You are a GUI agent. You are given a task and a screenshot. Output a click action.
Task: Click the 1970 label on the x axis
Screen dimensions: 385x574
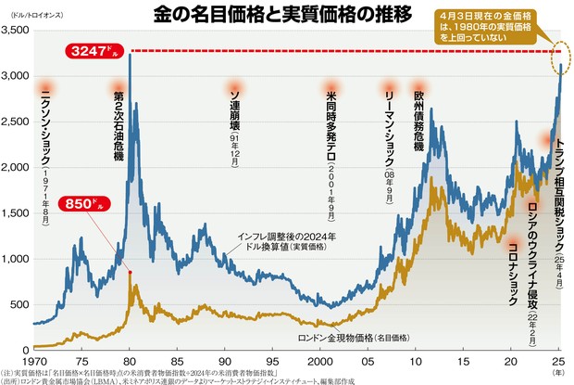coord(34,360)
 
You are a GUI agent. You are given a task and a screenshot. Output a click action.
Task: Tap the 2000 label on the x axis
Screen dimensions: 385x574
coord(319,360)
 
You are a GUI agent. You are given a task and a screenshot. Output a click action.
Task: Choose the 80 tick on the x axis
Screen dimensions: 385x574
coord(130,360)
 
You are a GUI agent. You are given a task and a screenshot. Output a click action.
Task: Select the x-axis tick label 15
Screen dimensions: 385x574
coord(463,360)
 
